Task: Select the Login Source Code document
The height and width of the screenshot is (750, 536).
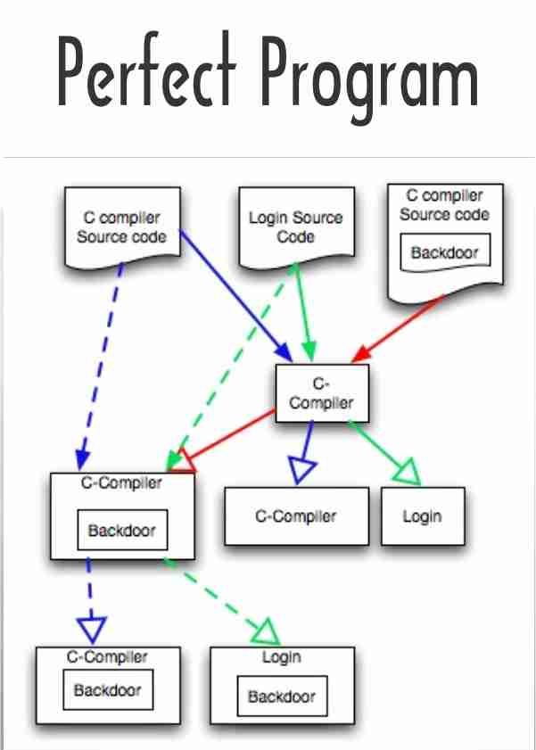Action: tap(295, 227)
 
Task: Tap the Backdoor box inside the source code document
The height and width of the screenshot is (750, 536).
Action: tap(444, 252)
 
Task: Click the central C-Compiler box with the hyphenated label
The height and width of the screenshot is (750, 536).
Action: tap(321, 393)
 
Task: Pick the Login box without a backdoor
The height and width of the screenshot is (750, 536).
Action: tap(423, 516)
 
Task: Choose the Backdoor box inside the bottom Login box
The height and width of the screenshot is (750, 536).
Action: tap(281, 696)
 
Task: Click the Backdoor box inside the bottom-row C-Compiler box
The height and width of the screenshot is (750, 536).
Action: tap(107, 690)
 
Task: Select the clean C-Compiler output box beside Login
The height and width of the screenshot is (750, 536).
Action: tap(296, 516)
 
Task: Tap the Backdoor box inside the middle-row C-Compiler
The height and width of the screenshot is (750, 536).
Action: tap(121, 531)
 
